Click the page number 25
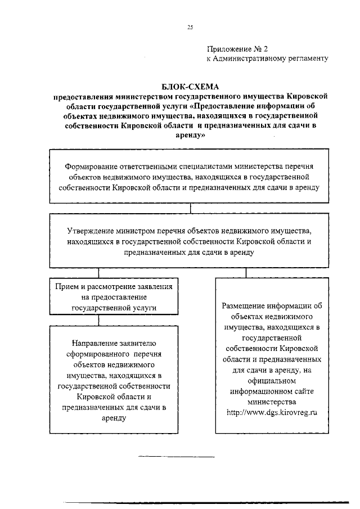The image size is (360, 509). (190, 26)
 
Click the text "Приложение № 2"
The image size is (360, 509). (238, 49)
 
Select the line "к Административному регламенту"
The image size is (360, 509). (267, 58)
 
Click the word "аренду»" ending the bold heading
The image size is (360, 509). (190, 136)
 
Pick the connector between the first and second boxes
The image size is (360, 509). (191, 208)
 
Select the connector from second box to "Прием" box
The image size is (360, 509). (100, 273)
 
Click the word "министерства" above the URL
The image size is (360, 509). (272, 403)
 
